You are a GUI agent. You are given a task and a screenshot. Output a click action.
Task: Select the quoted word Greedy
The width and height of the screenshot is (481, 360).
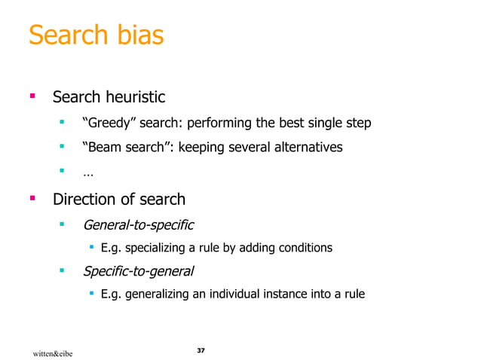click(109, 123)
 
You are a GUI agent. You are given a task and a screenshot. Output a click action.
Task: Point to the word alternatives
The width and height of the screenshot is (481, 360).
click(301, 148)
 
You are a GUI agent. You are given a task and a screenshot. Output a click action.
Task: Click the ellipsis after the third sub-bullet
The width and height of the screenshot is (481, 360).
click(88, 173)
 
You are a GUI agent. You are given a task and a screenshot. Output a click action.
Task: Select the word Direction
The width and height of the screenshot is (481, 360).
click(82, 200)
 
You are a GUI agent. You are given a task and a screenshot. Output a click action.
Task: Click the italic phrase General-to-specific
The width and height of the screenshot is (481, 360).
click(138, 224)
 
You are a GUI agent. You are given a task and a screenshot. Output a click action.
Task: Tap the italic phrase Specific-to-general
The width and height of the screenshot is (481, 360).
click(138, 270)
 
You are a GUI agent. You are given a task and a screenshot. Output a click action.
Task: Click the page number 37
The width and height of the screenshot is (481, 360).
click(201, 351)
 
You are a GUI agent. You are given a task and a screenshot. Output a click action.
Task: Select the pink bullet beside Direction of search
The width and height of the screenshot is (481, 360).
click(32, 199)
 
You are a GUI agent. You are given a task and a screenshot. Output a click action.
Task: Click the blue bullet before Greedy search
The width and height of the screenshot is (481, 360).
click(64, 122)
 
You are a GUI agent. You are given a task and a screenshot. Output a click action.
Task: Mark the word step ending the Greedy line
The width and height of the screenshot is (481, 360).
click(358, 123)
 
